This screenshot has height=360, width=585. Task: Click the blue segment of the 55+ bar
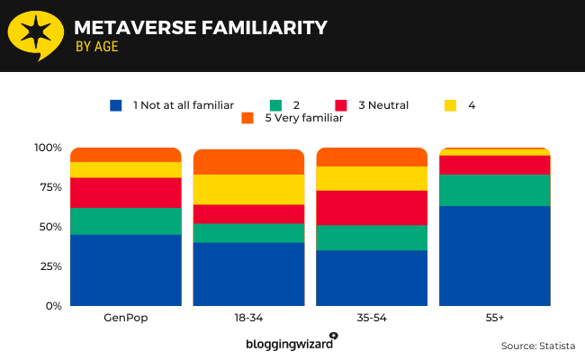[x=494, y=256]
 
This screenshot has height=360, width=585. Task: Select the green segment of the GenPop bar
[x=126, y=221]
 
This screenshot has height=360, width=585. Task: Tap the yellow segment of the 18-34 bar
[x=248, y=190]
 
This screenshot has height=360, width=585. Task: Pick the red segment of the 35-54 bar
[x=372, y=208]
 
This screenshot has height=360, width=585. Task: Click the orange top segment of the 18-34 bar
[x=248, y=162]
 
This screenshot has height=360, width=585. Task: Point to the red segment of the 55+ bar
[x=494, y=165]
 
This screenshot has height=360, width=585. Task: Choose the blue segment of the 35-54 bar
[x=372, y=277]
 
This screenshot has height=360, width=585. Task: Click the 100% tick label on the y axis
[x=48, y=148]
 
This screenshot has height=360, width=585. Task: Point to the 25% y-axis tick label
[x=50, y=266]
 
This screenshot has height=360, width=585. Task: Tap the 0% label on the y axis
[x=53, y=306]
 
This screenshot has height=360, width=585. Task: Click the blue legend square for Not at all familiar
[x=115, y=105]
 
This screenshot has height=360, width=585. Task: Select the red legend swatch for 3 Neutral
[x=341, y=105]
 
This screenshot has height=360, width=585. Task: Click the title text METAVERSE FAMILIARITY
[x=200, y=28]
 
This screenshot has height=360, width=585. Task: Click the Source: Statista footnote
[x=538, y=346]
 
